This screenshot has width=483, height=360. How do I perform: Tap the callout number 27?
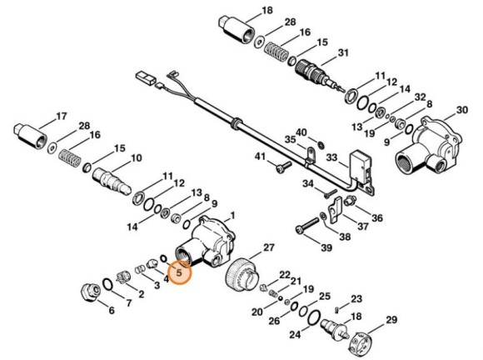pyautogui.click(x=268, y=247)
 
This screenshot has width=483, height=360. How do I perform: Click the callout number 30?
pyautogui.click(x=461, y=110)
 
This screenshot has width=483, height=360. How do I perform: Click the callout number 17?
pyautogui.click(x=61, y=116)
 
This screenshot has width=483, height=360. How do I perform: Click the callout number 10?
pyautogui.click(x=137, y=157)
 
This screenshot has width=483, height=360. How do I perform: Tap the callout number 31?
pyautogui.click(x=341, y=55)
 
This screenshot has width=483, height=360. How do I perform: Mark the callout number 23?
pyautogui.click(x=356, y=298)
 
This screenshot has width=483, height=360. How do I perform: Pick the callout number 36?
pyautogui.click(x=377, y=218)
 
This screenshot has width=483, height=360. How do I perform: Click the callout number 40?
pyautogui.click(x=301, y=132)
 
